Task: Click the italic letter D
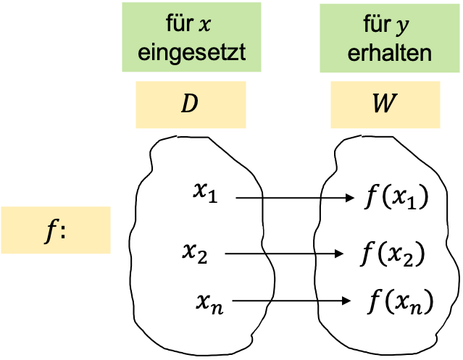(x=189, y=104)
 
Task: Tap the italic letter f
(x=50, y=231)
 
